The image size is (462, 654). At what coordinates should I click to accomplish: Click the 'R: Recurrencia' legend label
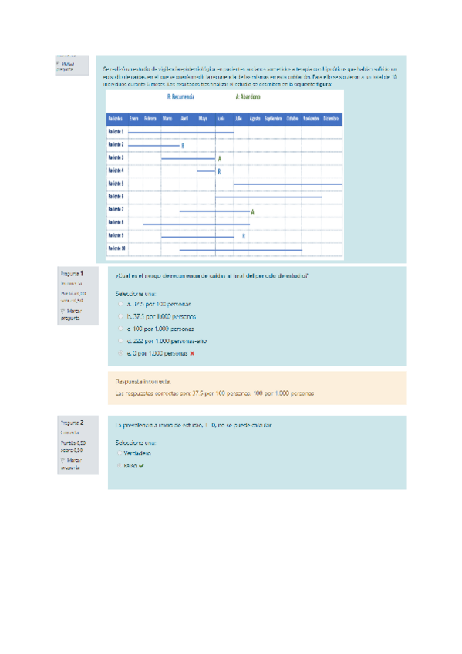pos(181,99)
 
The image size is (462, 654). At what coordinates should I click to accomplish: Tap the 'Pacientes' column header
pos(116,119)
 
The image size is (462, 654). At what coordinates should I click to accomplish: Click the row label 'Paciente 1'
pos(116,132)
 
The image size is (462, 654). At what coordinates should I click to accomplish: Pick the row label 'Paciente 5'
pos(116,184)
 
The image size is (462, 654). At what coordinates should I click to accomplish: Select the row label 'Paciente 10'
pos(117,248)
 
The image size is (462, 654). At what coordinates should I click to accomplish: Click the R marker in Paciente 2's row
pos(183,145)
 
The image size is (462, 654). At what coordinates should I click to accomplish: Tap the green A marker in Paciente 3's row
pos(220,158)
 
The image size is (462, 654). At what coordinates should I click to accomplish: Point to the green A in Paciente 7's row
pos(253,211)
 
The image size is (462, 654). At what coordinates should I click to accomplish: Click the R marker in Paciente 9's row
pos(244,236)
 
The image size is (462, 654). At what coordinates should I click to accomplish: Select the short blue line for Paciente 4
pos(206,171)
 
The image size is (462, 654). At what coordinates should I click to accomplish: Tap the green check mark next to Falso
pos(143,466)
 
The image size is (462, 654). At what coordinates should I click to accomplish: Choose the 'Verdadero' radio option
pos(120,453)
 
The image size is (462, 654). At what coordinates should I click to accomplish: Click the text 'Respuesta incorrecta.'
pos(143,382)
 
